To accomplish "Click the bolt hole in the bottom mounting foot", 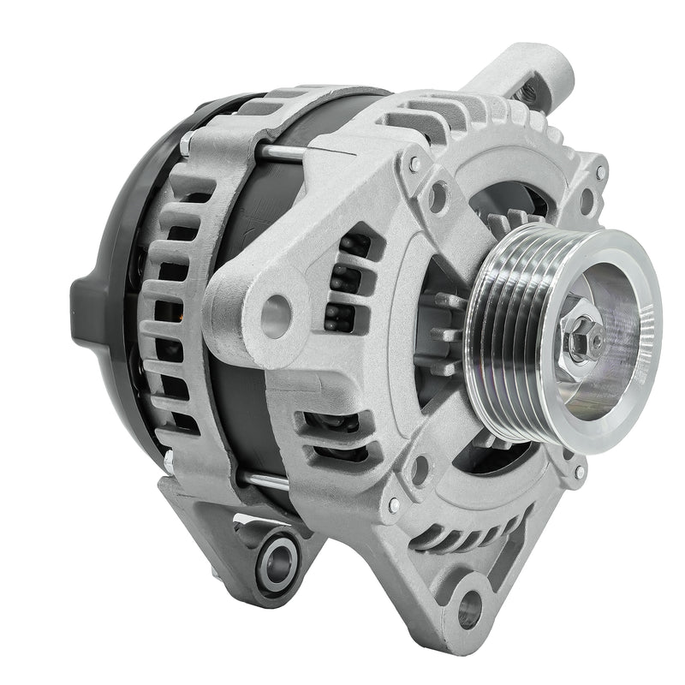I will click(x=469, y=607).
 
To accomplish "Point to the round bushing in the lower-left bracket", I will click(x=279, y=561).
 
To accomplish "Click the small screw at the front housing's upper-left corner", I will click(x=414, y=163).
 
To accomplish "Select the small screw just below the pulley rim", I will click(x=580, y=472).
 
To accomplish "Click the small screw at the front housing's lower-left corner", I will click(x=393, y=505).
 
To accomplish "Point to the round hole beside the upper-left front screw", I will click(x=438, y=198).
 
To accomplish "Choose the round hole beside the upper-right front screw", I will click(x=587, y=201).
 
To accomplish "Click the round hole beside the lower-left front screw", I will click(x=420, y=469).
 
